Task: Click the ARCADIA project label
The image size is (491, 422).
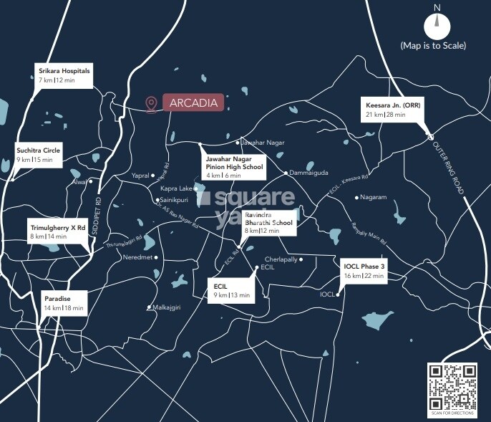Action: tap(193, 102)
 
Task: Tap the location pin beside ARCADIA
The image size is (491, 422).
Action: tap(151, 105)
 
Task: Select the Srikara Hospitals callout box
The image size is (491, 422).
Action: tap(64, 75)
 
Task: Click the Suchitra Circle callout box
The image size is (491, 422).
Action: tap(39, 154)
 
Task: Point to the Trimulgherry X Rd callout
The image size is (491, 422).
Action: tap(57, 231)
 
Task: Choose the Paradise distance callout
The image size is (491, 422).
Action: tap(64, 302)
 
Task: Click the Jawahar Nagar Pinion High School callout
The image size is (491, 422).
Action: tap(234, 166)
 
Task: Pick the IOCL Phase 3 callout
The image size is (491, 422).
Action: tap(364, 271)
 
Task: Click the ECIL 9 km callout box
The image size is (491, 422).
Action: tap(231, 289)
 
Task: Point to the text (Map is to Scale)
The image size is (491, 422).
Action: tap(433, 47)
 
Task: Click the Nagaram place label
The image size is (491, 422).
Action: tap(374, 197)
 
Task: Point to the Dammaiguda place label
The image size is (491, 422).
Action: tap(308, 173)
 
